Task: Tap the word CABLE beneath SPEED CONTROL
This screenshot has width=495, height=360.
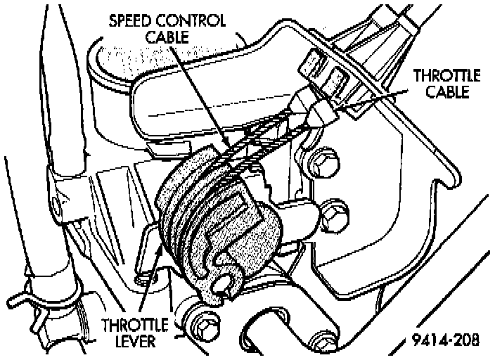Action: (x=167, y=37)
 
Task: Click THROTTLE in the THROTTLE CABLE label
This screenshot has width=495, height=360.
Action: (x=447, y=75)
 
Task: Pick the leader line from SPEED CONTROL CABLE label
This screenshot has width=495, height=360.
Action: (x=204, y=98)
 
